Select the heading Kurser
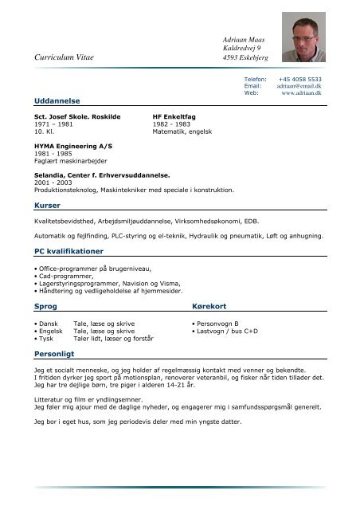point(38,205)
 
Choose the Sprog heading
point(37,306)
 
